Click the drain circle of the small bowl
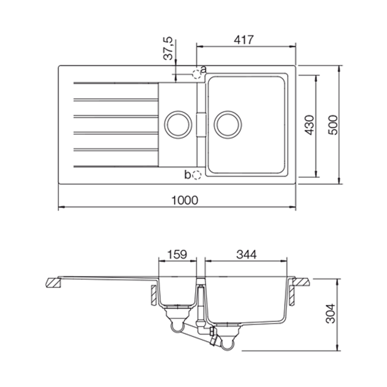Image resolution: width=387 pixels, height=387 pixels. tap(177, 125)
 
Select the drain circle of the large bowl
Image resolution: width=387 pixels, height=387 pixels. tap(228, 125)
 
